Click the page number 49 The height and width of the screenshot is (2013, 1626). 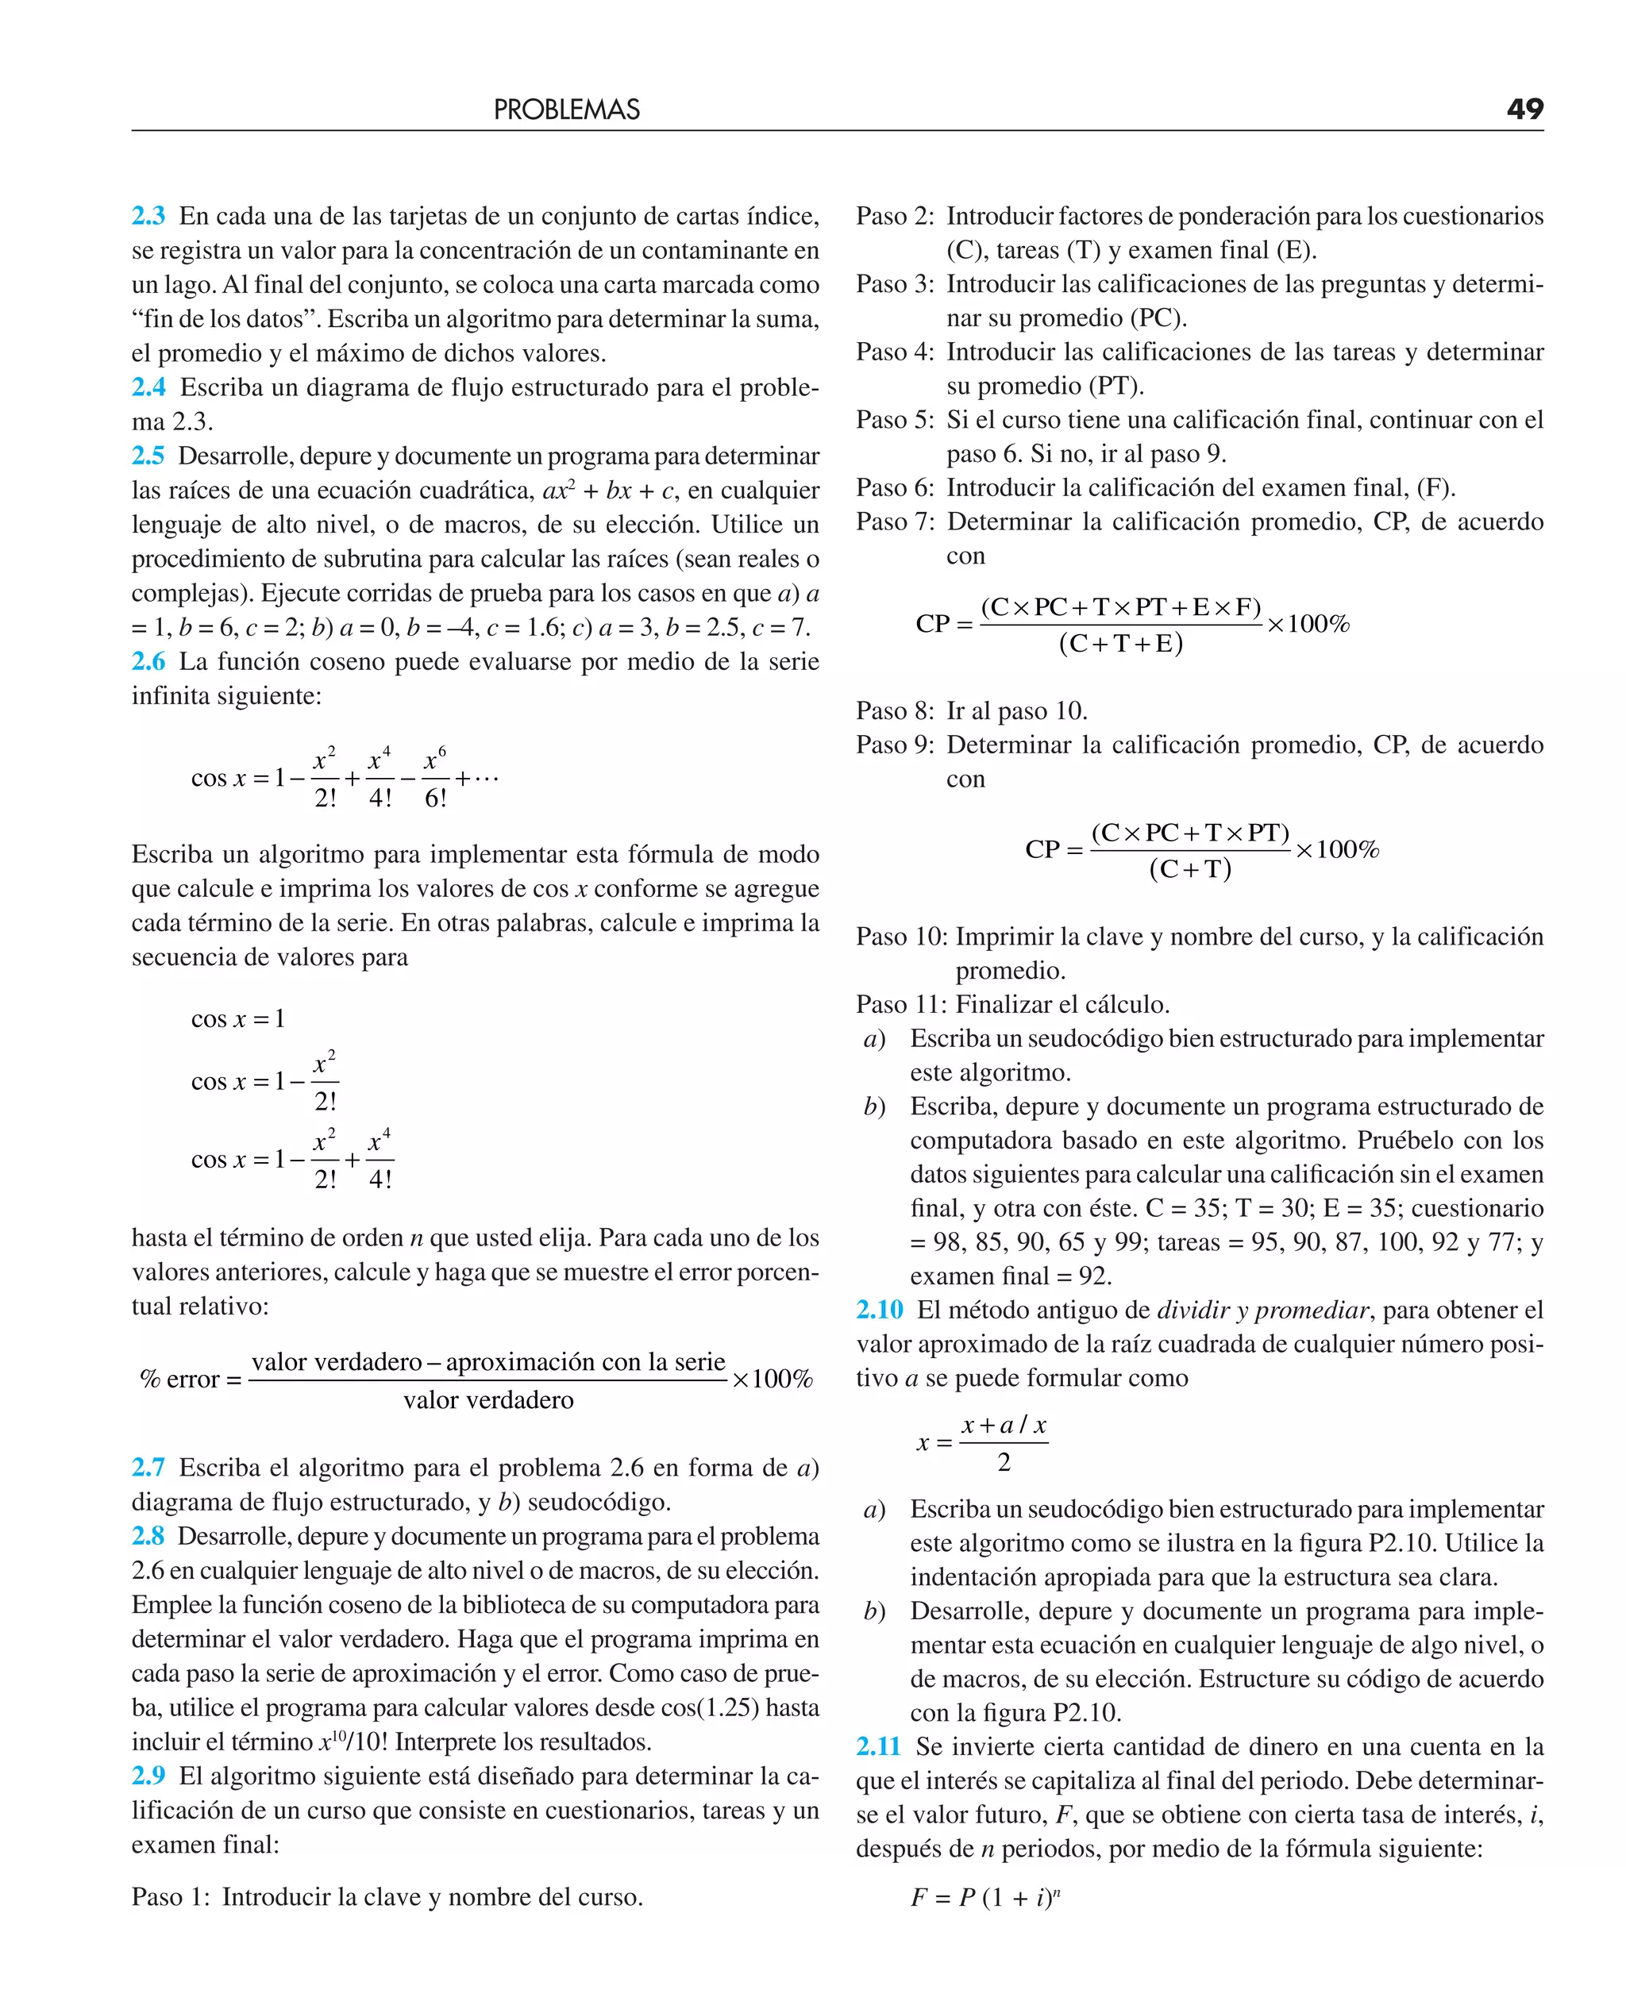coord(1524,109)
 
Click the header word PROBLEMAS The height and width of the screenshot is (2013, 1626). coord(567,110)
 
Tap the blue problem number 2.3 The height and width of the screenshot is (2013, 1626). coord(148,216)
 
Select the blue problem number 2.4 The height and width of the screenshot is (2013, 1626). coord(148,387)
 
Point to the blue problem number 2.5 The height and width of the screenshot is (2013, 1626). coord(148,456)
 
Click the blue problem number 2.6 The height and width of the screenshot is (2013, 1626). coord(148,662)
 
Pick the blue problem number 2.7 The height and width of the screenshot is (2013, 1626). coord(148,1467)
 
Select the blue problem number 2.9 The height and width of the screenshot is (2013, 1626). coord(148,1776)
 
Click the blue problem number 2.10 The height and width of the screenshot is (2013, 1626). coord(879,1310)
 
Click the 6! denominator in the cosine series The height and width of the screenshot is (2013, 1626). coord(436,799)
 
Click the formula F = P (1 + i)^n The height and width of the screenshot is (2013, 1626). coord(984,1898)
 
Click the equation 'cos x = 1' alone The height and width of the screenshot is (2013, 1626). coord(238,1018)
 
